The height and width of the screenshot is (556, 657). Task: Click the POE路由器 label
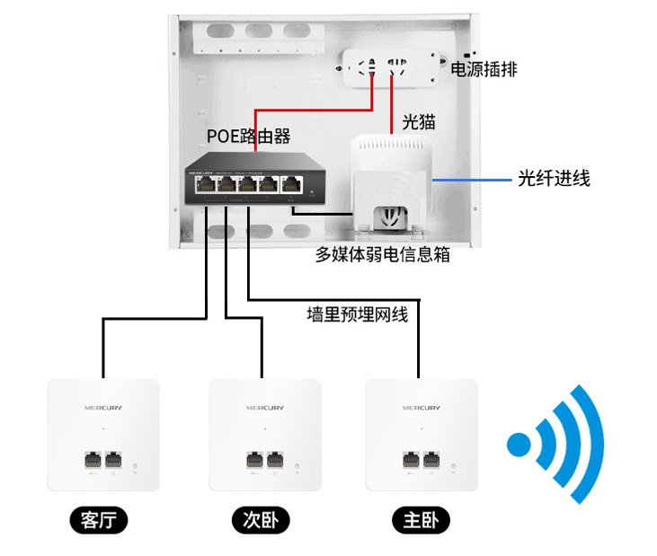coord(249,137)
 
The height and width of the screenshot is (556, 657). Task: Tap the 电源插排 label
coord(483,69)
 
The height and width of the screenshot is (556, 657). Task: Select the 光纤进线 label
coord(554,178)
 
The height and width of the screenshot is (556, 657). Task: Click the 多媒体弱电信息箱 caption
coord(382,254)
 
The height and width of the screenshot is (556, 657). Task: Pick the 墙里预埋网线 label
coord(357,314)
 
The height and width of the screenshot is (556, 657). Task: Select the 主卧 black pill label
coord(421,520)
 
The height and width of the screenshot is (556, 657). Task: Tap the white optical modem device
coord(393,180)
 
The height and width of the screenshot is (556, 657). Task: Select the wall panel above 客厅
coord(103,435)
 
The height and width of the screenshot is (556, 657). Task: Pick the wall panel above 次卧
coord(265,435)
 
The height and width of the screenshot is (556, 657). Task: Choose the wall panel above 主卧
coord(422,435)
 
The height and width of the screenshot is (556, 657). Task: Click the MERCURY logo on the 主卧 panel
coord(422,408)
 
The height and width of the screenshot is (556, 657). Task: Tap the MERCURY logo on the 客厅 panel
coord(103,408)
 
